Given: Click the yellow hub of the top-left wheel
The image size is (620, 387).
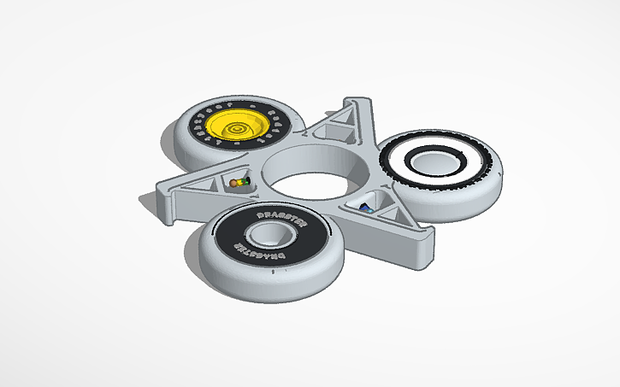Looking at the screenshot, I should (237, 126).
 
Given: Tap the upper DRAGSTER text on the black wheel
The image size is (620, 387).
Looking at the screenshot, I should (273, 214).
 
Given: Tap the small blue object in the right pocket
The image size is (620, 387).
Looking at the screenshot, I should (366, 207).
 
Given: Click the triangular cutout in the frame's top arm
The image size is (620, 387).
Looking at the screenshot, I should (344, 130).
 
